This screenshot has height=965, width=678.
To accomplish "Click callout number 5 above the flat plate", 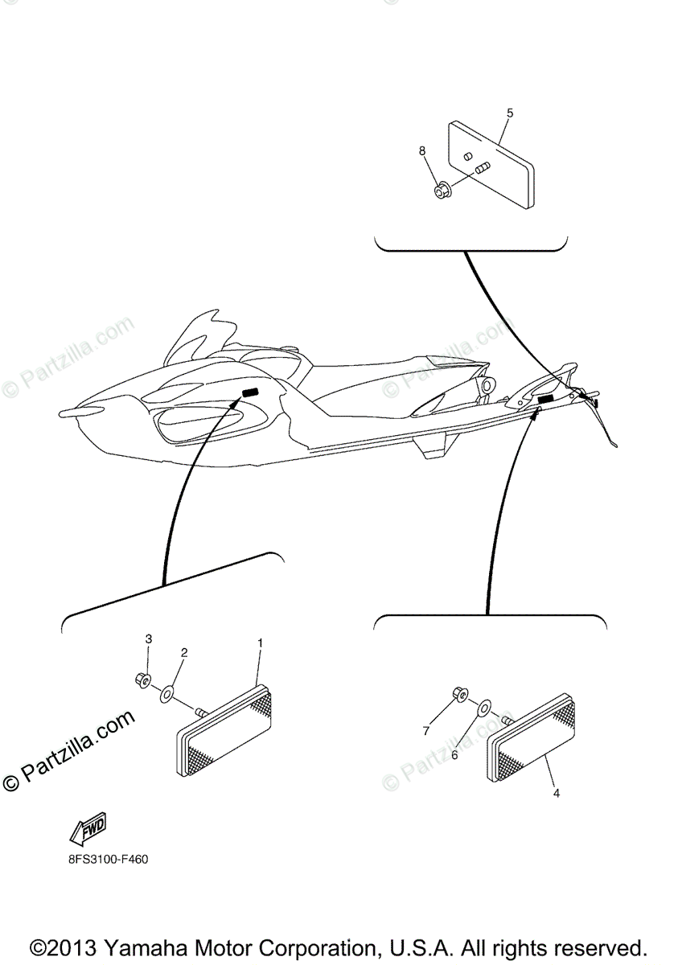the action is pos(510,113).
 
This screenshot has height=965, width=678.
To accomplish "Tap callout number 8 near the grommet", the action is pos(422,151).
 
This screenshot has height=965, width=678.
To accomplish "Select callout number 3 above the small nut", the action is pos(148,639).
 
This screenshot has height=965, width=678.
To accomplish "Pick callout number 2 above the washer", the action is pos(184,653).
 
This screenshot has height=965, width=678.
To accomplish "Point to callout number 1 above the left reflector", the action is pos(260,643).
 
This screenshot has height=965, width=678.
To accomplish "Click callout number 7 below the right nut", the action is pos(425,731).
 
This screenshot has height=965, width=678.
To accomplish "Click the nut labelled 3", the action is pos(142,680).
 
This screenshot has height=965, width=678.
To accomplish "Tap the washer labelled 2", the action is pos(166,694).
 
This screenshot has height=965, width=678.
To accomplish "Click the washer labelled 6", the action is pos(485,708).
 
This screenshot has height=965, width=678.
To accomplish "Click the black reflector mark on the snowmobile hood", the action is pos(250,392).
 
